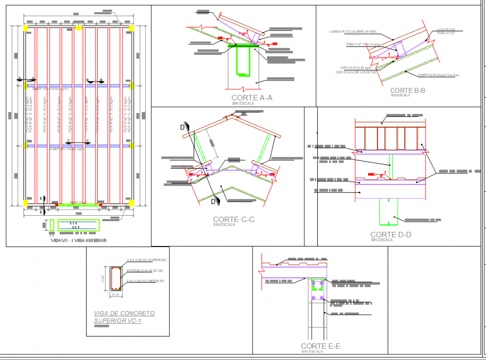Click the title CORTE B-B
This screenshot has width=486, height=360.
tap(407, 90)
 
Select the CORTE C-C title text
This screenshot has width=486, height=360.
tap(234, 220)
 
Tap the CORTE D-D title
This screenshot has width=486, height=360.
tap(390, 235)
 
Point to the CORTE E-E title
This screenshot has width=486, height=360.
tap(320, 347)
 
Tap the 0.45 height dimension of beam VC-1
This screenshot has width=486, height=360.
tap(102, 279)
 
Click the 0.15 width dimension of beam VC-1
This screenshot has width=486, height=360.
tap(116, 295)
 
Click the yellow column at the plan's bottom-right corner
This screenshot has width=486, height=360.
tap(132, 202)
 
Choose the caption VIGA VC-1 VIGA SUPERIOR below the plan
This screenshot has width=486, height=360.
tap(78, 240)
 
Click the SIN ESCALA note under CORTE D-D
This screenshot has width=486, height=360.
tap(382, 240)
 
